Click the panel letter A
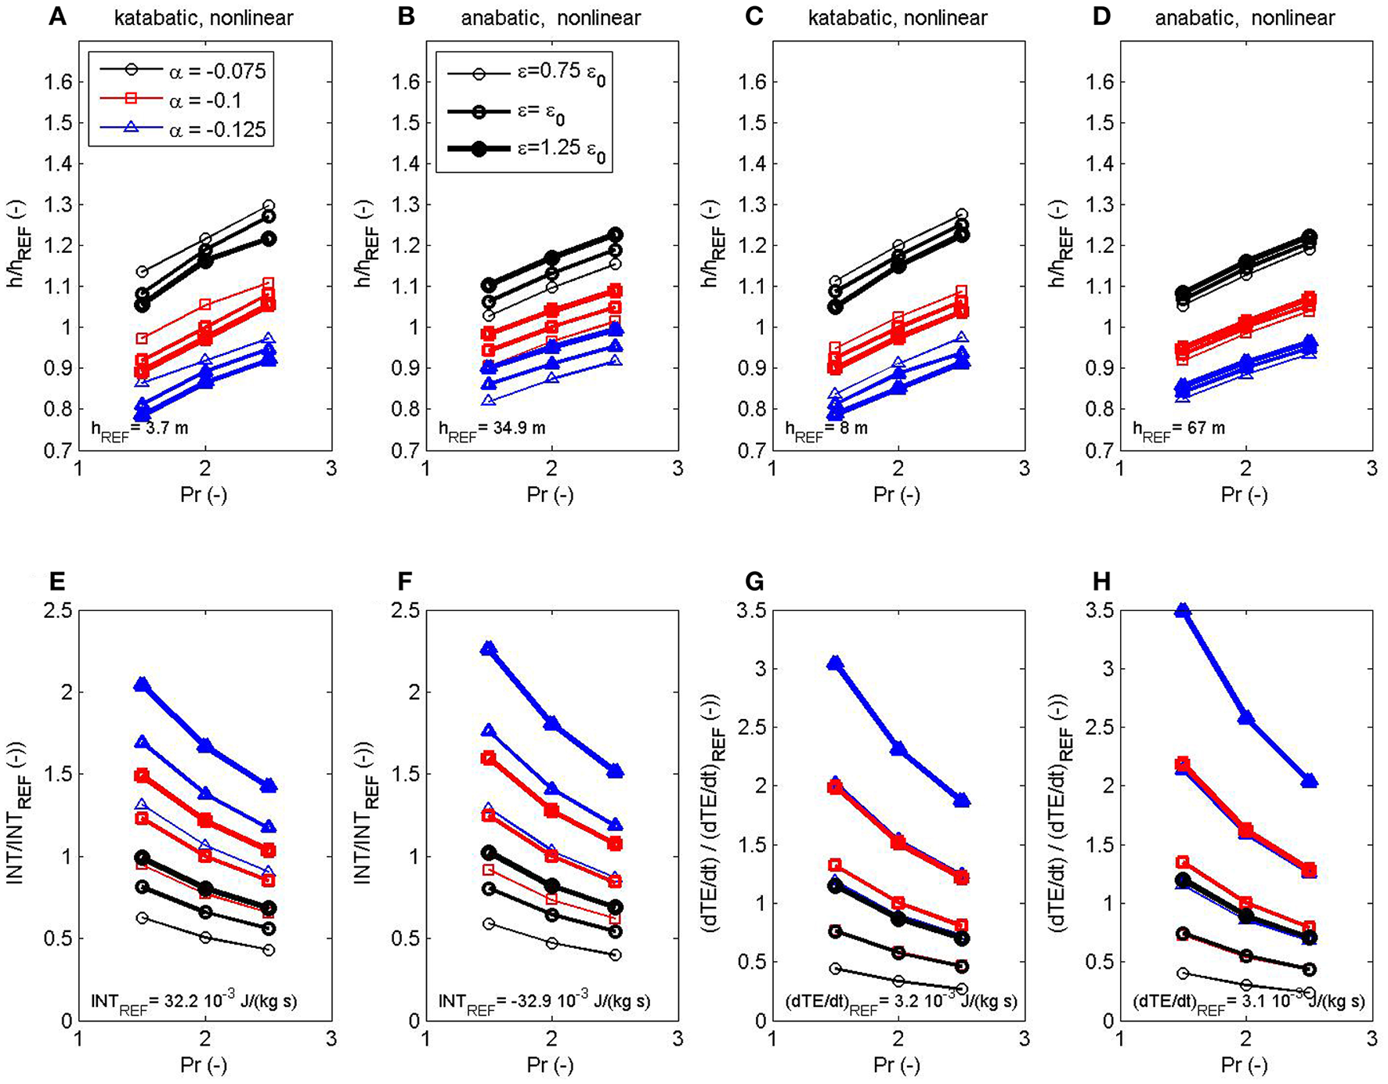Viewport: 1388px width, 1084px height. coord(56,16)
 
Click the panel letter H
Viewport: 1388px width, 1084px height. coord(1101,581)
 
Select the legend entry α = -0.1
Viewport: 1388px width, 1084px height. coord(205,100)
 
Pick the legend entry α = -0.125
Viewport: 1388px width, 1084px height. coord(217,128)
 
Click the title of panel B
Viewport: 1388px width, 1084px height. coord(551,18)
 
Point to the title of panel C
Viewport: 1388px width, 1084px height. coord(898,18)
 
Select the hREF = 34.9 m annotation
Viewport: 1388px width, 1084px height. coord(492,429)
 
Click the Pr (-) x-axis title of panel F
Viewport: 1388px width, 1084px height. coord(551,1064)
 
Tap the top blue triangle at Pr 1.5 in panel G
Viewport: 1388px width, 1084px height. coord(835,663)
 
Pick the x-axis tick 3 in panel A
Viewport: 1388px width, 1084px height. coord(331,469)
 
